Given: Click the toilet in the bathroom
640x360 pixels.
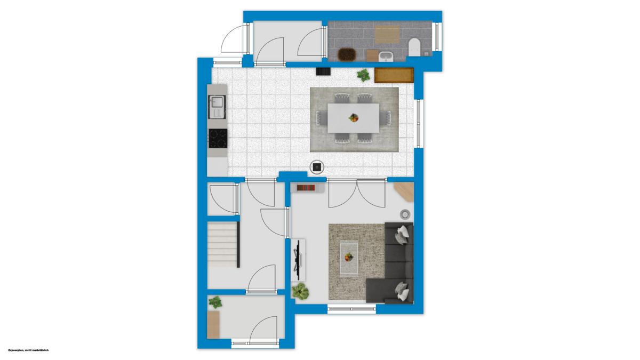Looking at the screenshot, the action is pyautogui.click(x=414, y=47).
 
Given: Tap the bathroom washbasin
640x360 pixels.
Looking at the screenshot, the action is pyautogui.click(x=386, y=57).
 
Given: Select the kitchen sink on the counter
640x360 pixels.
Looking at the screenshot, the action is pyautogui.click(x=217, y=107).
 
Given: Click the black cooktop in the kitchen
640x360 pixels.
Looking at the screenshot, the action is pyautogui.click(x=218, y=138).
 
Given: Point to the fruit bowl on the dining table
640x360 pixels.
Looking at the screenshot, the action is pyautogui.click(x=354, y=117).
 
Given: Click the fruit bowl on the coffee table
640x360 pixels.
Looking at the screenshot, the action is pyautogui.click(x=349, y=257).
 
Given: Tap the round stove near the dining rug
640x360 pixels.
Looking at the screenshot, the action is pyautogui.click(x=317, y=167).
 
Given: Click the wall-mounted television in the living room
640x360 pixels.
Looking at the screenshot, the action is pyautogui.click(x=298, y=260).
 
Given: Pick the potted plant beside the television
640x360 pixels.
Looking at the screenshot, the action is pyautogui.click(x=300, y=291).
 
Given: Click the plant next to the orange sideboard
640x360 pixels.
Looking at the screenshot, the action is pyautogui.click(x=363, y=75).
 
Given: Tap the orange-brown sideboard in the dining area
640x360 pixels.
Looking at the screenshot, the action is pyautogui.click(x=394, y=75).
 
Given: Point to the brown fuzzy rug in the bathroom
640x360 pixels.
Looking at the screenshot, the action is pyautogui.click(x=347, y=54).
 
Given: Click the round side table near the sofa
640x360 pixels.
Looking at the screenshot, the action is pyautogui.click(x=405, y=214).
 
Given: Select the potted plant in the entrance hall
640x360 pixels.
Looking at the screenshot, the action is pyautogui.click(x=215, y=302).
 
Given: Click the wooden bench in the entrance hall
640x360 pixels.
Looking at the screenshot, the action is pyautogui.click(x=213, y=325).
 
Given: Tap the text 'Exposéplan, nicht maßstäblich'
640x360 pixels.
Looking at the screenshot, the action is pyautogui.click(x=29, y=350).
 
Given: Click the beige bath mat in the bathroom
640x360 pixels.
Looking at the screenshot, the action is pyautogui.click(x=387, y=35).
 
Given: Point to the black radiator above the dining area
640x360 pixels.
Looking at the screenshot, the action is pyautogui.click(x=323, y=71).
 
